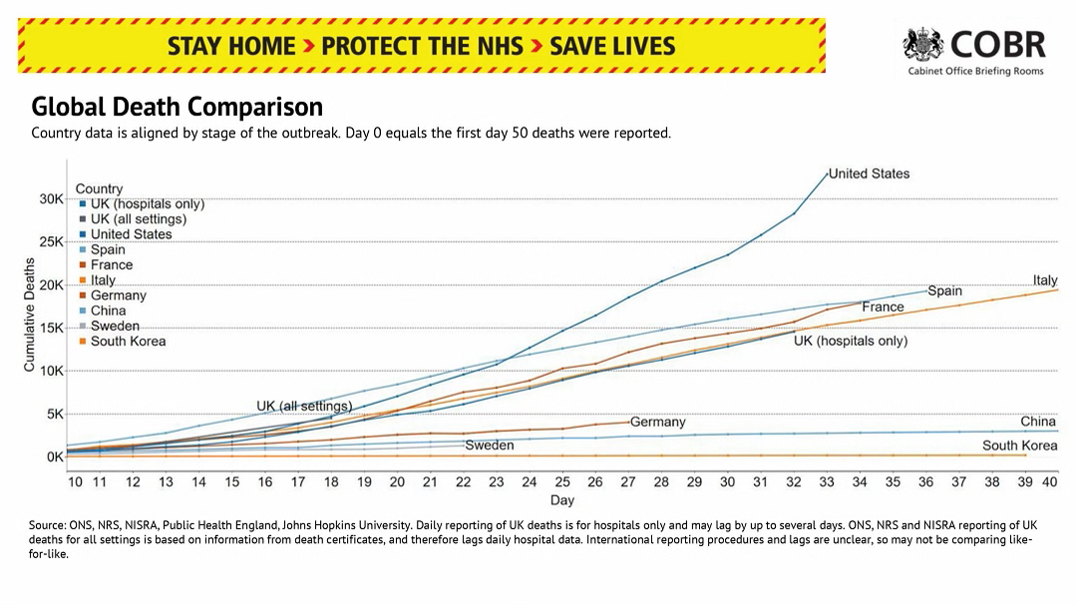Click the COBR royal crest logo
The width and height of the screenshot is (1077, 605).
click(x=924, y=44)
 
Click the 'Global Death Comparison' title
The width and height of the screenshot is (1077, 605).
click(x=178, y=108)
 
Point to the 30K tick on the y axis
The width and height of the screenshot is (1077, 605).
click(x=51, y=199)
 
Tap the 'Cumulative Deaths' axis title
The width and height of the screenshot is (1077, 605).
click(x=30, y=315)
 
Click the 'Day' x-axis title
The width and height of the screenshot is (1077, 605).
click(x=562, y=499)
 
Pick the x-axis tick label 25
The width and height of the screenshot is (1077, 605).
click(x=562, y=481)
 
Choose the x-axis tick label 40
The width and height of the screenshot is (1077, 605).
click(x=1049, y=481)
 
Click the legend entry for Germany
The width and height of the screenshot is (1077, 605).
click(x=118, y=295)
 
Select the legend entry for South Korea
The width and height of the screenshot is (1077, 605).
click(x=128, y=341)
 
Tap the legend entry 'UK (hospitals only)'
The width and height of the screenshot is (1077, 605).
click(x=147, y=203)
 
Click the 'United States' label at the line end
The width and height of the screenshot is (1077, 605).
click(x=869, y=173)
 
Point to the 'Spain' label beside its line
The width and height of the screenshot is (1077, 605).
click(x=944, y=291)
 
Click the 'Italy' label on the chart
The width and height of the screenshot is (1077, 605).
click(x=1045, y=280)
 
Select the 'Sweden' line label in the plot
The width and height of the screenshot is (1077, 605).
click(x=490, y=446)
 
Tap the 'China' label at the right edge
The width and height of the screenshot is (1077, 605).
click(x=1038, y=422)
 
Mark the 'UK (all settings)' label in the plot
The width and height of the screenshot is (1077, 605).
click(x=304, y=406)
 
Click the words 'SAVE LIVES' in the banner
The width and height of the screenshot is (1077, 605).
click(x=612, y=46)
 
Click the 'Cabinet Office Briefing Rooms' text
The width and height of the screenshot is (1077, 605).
click(x=975, y=72)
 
